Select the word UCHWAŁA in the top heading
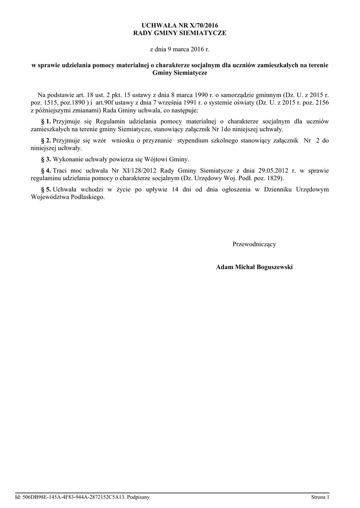point(156,24)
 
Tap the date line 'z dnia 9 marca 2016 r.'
point(180,50)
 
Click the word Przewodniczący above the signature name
point(254,244)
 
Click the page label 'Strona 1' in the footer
point(320,497)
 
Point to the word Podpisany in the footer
point(138,497)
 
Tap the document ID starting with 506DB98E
point(74,497)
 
